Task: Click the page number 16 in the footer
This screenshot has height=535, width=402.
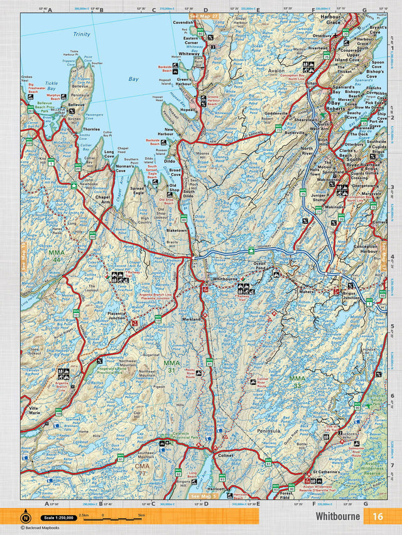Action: pyautogui.click(x=378, y=516)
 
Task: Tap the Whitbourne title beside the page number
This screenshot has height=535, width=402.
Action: pyautogui.click(x=338, y=516)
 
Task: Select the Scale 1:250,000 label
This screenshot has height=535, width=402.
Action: pyautogui.click(x=57, y=517)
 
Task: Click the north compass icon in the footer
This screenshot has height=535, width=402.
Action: pyautogui.click(x=26, y=517)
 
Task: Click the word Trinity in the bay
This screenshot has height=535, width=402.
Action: pyautogui.click(x=82, y=34)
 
